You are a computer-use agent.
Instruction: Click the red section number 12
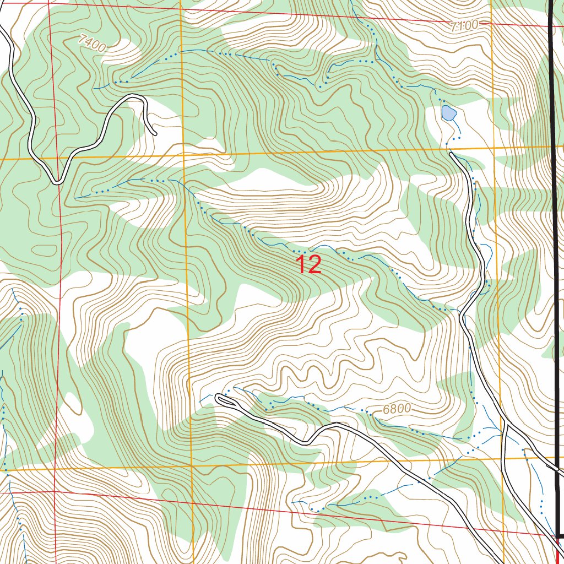coord(309,264)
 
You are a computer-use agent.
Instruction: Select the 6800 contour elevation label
coord(397,409)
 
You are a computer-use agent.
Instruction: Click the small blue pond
coord(448,113)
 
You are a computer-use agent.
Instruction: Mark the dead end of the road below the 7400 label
coord(154,133)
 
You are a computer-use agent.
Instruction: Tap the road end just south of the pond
coord(452,155)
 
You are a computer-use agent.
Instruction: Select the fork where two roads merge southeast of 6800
coord(506,424)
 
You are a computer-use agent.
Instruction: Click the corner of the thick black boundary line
coord(557,536)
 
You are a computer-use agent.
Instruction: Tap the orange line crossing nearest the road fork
coord(504,458)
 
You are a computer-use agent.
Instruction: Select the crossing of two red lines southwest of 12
coord(55,491)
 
